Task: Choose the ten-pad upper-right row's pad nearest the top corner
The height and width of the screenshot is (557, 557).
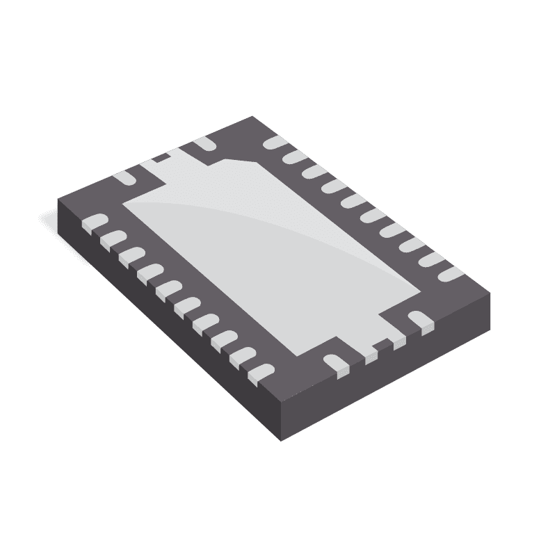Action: pos(276,143)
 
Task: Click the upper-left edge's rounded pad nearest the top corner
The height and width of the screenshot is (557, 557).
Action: pos(204,143)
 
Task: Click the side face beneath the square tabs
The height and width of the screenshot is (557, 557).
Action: pos(389,376)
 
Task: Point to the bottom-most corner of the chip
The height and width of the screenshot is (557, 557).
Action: pos(280,439)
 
